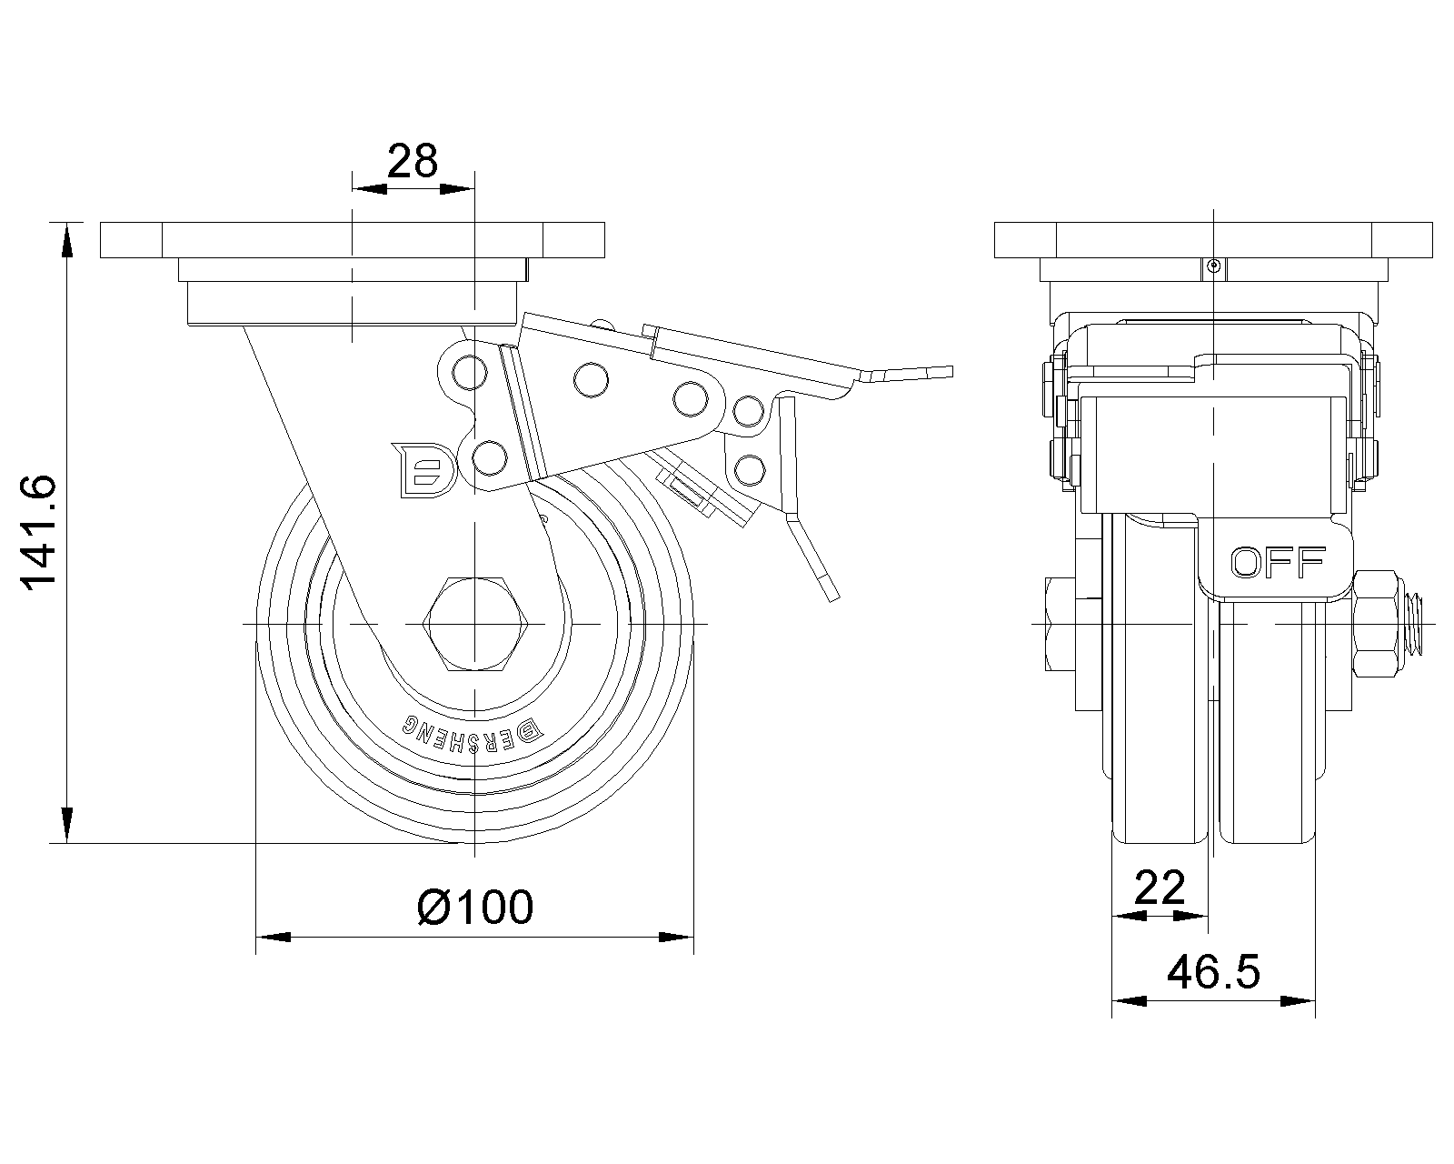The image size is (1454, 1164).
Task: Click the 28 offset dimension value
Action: click(x=413, y=161)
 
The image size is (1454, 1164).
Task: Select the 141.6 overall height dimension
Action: click(x=39, y=533)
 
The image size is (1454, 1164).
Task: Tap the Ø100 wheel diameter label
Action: click(x=475, y=908)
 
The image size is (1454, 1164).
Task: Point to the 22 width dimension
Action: click(x=1160, y=888)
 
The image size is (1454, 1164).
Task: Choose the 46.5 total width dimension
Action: click(x=1213, y=972)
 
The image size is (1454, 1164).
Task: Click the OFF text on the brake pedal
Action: click(x=1278, y=562)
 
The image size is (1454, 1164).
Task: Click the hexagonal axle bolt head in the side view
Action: click(x=475, y=624)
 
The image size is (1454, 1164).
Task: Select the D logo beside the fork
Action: click(x=424, y=470)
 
